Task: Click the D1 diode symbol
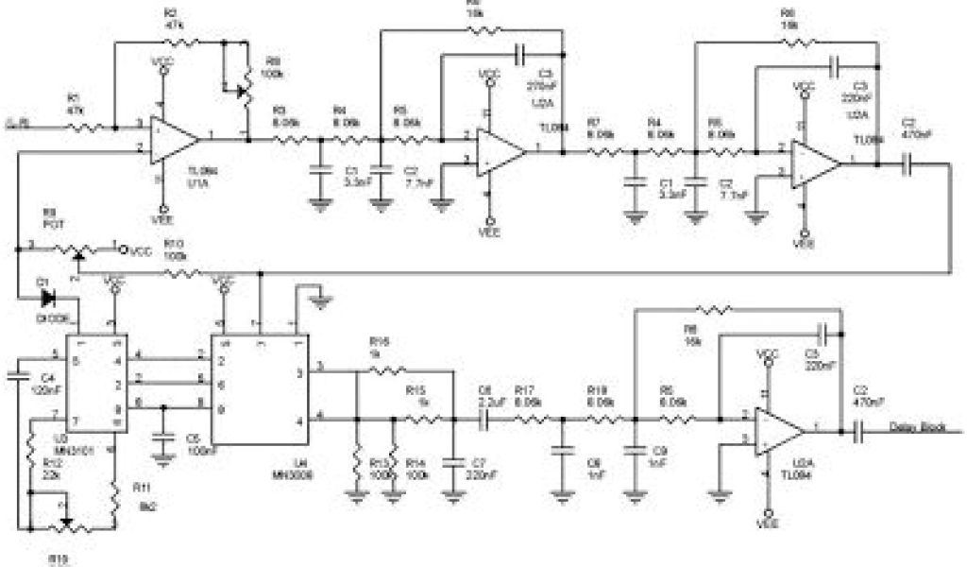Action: pos(48,298)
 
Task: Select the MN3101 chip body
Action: pos(97,383)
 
